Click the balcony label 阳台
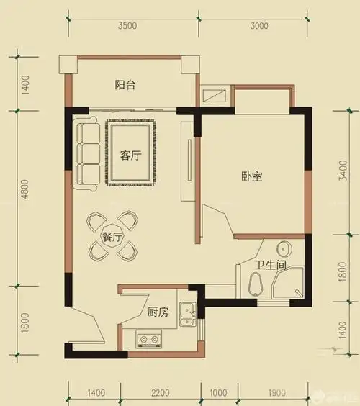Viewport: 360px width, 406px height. [126, 85]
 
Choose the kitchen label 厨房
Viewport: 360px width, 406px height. [158, 312]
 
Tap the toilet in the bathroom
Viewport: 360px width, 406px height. [256, 283]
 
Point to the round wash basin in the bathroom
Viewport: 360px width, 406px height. [286, 248]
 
